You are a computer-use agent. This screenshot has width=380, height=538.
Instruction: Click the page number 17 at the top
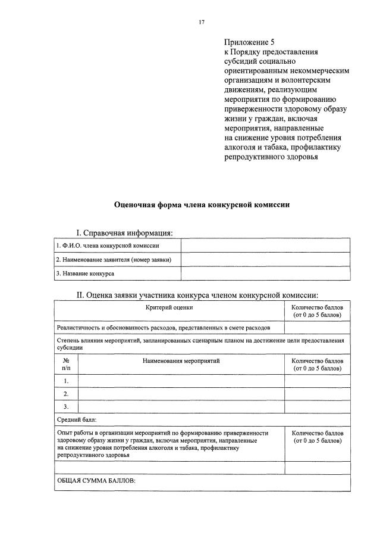coord(202,22)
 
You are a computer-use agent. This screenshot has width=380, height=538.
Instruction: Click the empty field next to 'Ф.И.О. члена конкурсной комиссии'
coord(265,245)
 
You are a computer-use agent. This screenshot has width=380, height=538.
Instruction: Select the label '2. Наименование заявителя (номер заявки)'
coord(114,259)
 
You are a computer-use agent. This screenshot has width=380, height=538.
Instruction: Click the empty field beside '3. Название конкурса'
coord(265,273)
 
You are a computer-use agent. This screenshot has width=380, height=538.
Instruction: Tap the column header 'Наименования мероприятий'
coord(181,361)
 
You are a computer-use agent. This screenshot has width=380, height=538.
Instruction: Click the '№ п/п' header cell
coord(66,365)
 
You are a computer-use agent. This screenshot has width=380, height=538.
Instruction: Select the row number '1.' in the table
coord(66,381)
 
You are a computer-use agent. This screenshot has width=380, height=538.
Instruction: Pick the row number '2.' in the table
coord(66,394)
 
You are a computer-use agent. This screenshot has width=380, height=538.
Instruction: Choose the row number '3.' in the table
coord(66,407)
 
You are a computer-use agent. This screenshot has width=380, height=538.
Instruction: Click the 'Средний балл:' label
coord(76,420)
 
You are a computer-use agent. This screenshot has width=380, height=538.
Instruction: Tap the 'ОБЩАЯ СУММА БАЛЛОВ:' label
coord(96,480)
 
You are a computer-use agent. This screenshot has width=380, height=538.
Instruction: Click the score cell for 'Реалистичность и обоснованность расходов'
coord(317,328)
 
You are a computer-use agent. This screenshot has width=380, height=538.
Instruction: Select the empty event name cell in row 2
coord(181,394)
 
